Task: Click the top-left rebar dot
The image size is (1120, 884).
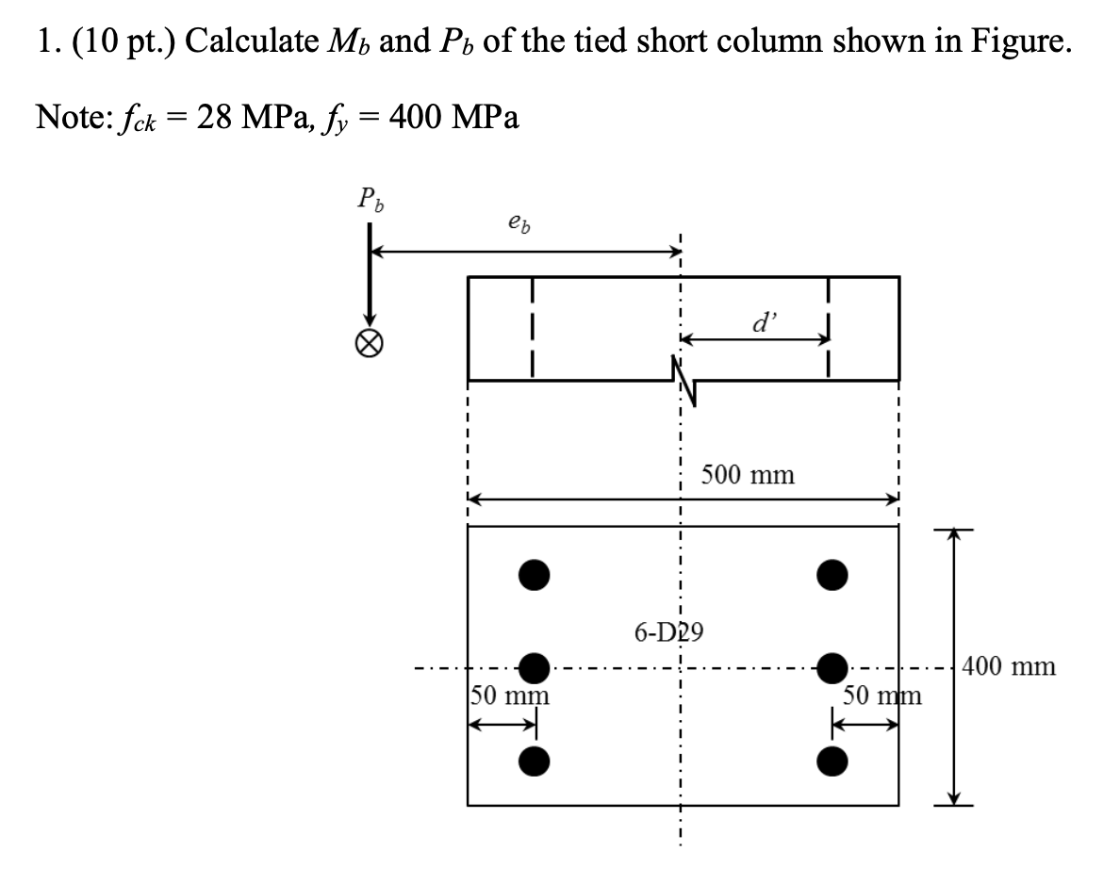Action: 534,574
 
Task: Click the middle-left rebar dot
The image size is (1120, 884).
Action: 534,666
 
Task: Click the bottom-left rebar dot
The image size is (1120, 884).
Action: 534,760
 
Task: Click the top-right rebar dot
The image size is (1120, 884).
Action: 832,574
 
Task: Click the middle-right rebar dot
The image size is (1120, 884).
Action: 832,666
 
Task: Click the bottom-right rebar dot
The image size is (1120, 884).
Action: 832,760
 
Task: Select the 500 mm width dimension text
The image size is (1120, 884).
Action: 748,475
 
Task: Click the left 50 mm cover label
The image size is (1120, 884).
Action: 510,698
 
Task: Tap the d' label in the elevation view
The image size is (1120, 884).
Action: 761,323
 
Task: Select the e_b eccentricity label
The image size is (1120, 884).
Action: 517,224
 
